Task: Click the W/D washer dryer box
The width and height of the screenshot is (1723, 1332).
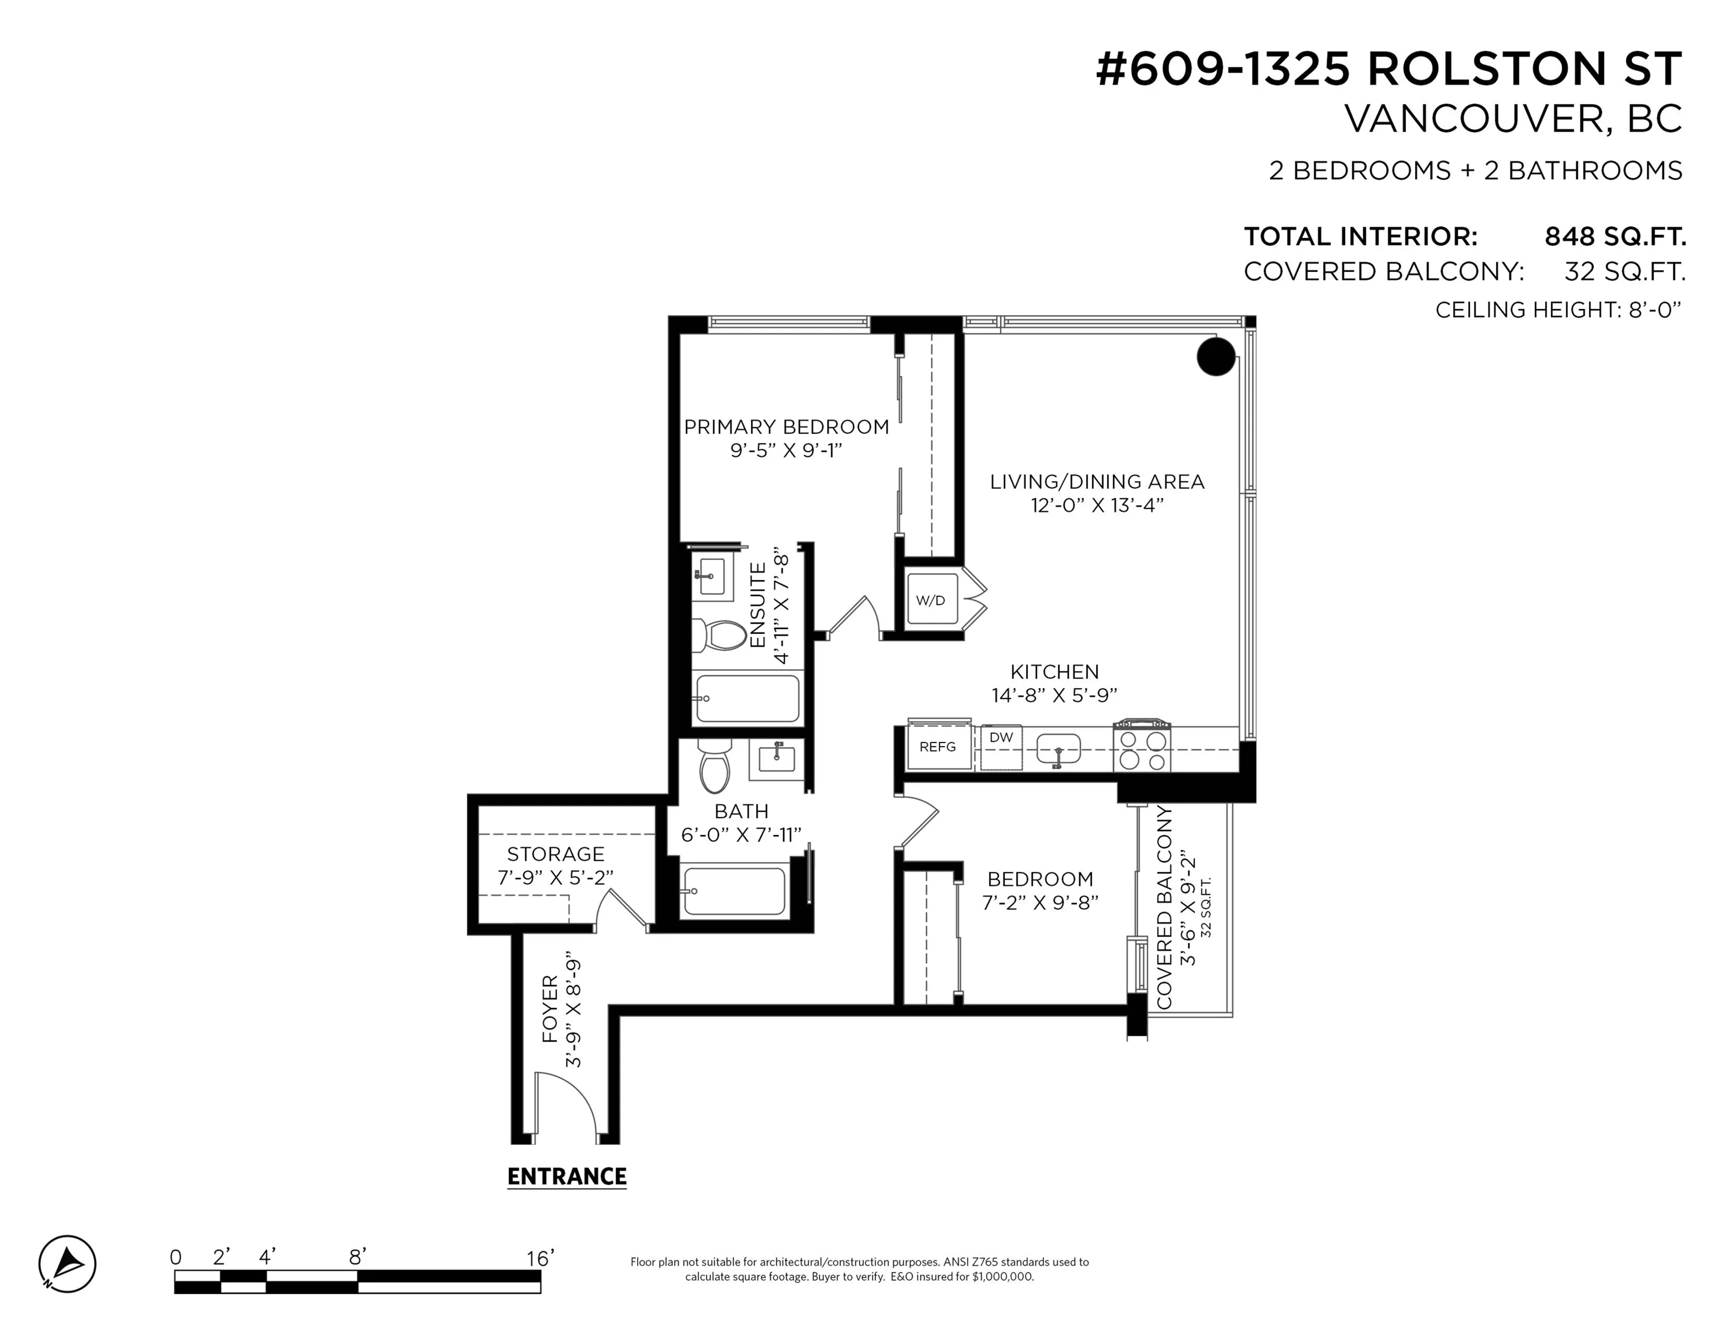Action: point(931,600)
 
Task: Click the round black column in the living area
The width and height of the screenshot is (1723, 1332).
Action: point(1216,357)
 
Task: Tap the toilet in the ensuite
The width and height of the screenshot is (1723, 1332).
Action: point(719,635)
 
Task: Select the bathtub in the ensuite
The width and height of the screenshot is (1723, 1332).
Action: point(746,698)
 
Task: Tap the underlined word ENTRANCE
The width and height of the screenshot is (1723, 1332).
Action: point(566,1177)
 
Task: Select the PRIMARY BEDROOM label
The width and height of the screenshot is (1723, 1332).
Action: point(786,427)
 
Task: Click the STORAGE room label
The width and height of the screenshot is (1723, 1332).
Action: point(555,854)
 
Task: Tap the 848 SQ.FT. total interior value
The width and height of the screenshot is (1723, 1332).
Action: point(1614,236)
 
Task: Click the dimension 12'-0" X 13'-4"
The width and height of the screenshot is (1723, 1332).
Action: point(1097,505)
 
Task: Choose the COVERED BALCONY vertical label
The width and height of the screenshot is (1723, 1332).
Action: point(1164,907)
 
